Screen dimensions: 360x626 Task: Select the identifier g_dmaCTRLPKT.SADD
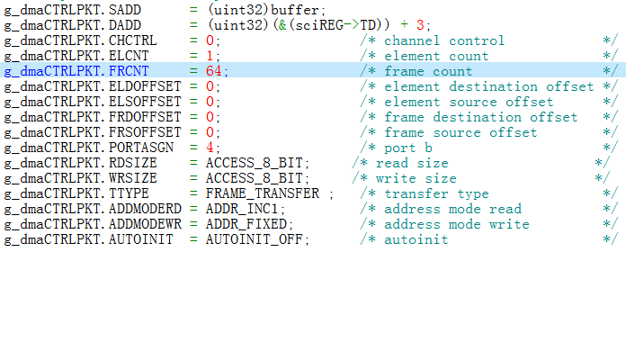pyautogui.click(x=65, y=10)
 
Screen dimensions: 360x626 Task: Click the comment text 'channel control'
pyautogui.click(x=444, y=40)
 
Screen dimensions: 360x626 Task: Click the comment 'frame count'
pyautogui.click(x=428, y=71)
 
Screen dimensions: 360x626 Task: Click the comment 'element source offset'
pyautogui.click(x=469, y=102)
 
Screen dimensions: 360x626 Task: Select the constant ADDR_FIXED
pyautogui.click(x=248, y=224)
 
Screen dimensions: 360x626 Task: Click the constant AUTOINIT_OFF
pyautogui.click(x=256, y=239)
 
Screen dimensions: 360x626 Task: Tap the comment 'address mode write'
pyautogui.click(x=457, y=224)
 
